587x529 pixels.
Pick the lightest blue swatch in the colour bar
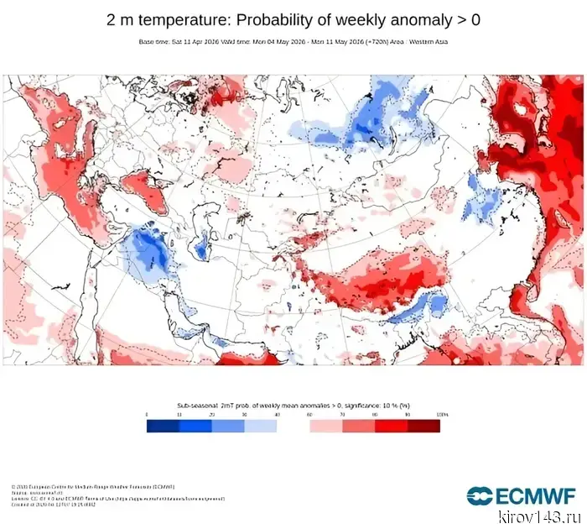(x=261, y=426)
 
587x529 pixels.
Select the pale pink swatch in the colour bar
(x=325, y=426)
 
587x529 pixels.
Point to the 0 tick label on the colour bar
(x=147, y=415)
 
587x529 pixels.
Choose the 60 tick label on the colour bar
(x=310, y=415)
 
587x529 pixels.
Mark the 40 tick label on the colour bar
(x=278, y=415)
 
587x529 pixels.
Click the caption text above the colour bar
(x=293, y=405)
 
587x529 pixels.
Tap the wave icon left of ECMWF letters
(x=481, y=495)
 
